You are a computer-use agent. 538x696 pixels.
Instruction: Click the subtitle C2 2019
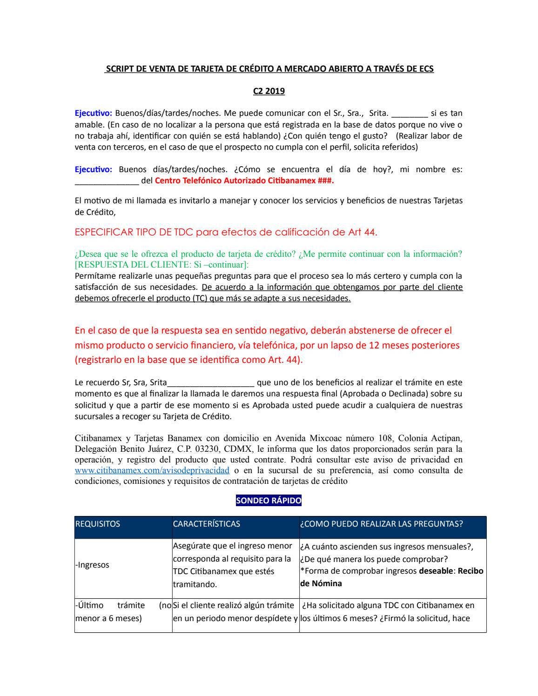[x=269, y=91]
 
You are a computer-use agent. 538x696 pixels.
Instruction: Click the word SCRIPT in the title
[x=120, y=69]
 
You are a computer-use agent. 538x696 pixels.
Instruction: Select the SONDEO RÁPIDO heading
[x=269, y=501]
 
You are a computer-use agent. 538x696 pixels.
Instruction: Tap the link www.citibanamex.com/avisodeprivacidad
[x=152, y=470]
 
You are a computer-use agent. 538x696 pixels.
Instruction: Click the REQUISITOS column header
[x=98, y=524]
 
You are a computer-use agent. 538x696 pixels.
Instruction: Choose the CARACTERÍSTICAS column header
[x=207, y=524]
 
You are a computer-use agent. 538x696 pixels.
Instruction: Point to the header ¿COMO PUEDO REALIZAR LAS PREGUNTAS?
[x=381, y=524]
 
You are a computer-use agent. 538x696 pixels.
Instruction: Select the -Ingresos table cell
[x=92, y=565]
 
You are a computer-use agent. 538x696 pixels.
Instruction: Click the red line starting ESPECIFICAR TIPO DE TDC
[x=226, y=232]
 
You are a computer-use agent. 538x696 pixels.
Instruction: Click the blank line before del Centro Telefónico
[x=107, y=181]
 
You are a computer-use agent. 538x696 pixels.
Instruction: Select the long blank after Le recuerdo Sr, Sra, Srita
[x=210, y=383]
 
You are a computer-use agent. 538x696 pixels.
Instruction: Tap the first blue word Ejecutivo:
[x=93, y=113]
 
